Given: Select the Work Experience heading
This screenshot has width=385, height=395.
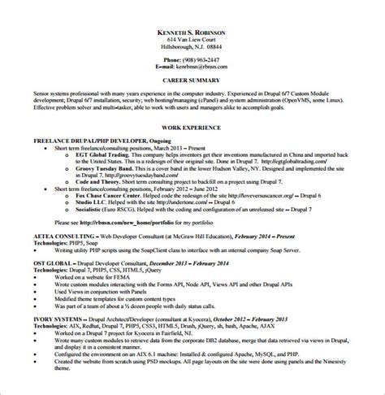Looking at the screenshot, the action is tap(193, 130).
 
